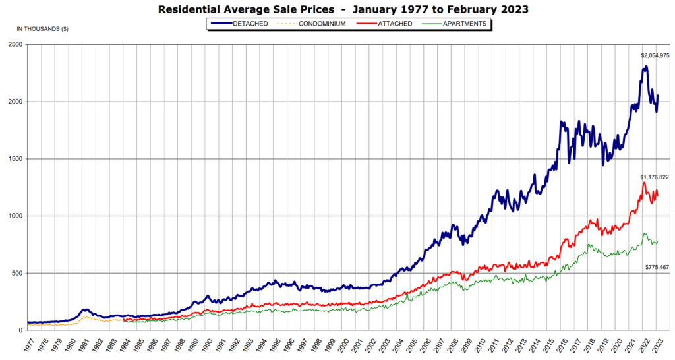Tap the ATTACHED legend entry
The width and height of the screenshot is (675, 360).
(x=395, y=24)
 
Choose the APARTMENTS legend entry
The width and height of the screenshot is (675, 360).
(x=464, y=24)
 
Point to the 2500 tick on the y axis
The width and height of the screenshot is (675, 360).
(x=15, y=45)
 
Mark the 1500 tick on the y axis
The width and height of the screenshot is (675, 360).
(x=15, y=159)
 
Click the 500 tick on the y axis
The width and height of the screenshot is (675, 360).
(x=17, y=273)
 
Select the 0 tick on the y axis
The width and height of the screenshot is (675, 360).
(x=21, y=330)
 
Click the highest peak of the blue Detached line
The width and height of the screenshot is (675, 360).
(x=645, y=66)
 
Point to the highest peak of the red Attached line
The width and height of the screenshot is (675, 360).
(x=644, y=183)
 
